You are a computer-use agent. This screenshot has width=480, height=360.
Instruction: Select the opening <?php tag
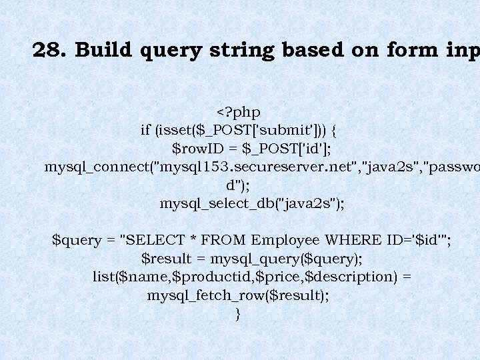coord(239,112)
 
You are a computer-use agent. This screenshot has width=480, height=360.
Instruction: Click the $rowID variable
coord(195,148)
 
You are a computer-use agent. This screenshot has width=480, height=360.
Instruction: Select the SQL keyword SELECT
coord(152,240)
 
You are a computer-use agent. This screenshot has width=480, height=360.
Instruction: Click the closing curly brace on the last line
coord(239,313)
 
